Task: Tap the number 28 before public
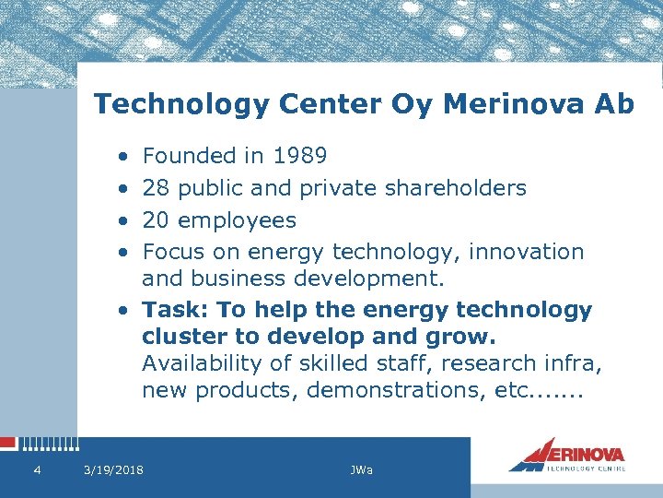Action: (x=157, y=189)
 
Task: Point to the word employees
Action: (x=237, y=221)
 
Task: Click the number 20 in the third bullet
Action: (x=157, y=220)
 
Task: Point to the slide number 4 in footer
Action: (x=36, y=470)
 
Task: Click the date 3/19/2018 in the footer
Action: (x=113, y=470)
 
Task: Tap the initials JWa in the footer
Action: (x=362, y=470)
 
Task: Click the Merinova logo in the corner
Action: (x=567, y=455)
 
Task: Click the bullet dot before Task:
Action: (x=123, y=311)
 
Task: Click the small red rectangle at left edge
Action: (x=7, y=444)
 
